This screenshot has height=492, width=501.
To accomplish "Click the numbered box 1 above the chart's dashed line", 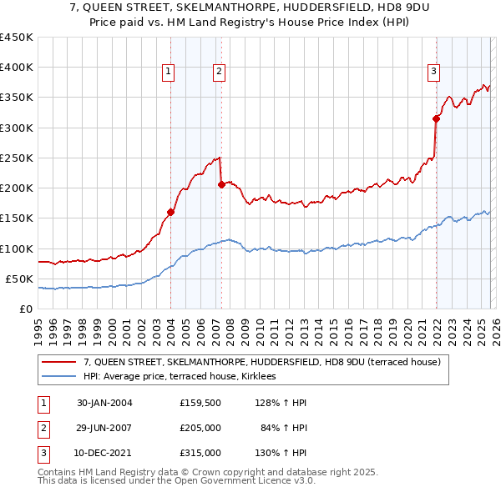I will [x=168, y=73].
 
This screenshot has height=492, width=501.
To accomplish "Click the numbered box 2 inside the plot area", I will [x=219, y=73].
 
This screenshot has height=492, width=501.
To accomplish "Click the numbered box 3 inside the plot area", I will [x=434, y=73].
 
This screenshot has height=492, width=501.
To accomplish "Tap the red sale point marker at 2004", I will [x=170, y=212].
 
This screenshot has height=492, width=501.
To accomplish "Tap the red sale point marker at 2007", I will [x=221, y=184].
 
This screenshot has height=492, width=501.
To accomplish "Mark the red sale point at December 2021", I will [x=436, y=118].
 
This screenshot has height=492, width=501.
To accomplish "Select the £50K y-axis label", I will [x=20, y=279].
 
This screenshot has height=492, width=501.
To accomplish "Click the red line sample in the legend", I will [x=59, y=362].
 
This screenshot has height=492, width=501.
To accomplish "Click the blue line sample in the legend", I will [x=59, y=377].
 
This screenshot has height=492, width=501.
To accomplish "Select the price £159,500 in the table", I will [x=200, y=403].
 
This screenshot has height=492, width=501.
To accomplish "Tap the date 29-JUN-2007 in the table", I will [x=104, y=428].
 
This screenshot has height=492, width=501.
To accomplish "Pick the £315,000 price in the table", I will [x=200, y=453].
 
